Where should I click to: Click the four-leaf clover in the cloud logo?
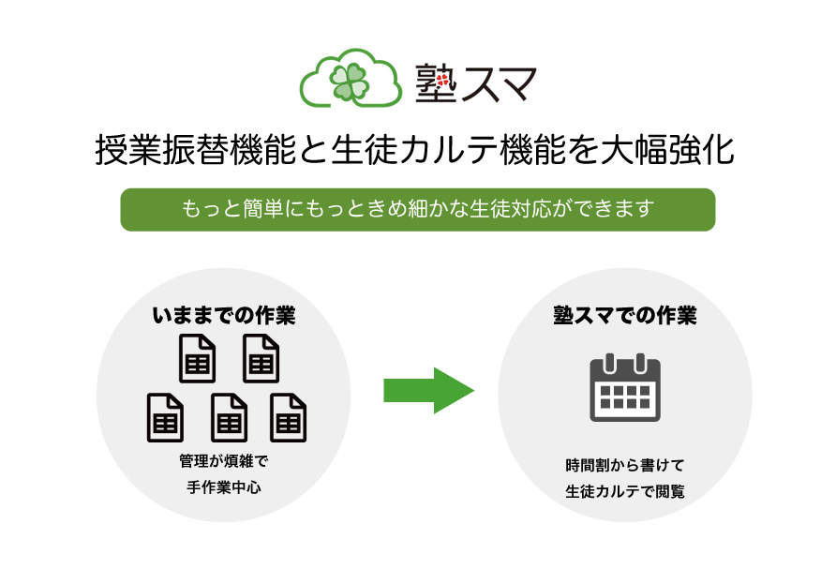click(350, 82)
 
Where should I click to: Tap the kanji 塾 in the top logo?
click(436, 82)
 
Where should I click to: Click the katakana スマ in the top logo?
click(499, 83)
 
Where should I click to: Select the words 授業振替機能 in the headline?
click(196, 149)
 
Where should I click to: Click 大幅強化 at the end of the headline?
click(667, 149)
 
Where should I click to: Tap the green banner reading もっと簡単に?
click(418, 210)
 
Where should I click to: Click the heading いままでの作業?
click(224, 315)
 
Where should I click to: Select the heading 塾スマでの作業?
click(625, 315)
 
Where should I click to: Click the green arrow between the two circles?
click(428, 390)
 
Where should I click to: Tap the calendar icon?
click(625, 387)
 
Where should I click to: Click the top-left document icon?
click(197, 358)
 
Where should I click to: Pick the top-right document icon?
click(261, 358)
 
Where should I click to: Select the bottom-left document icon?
click(165, 417)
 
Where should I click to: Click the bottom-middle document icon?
click(230, 417)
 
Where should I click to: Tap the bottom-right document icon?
click(289, 417)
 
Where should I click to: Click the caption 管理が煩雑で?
click(224, 461)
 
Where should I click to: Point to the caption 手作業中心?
click(224, 487)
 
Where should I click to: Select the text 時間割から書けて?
click(625, 465)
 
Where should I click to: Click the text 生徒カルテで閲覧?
click(625, 491)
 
